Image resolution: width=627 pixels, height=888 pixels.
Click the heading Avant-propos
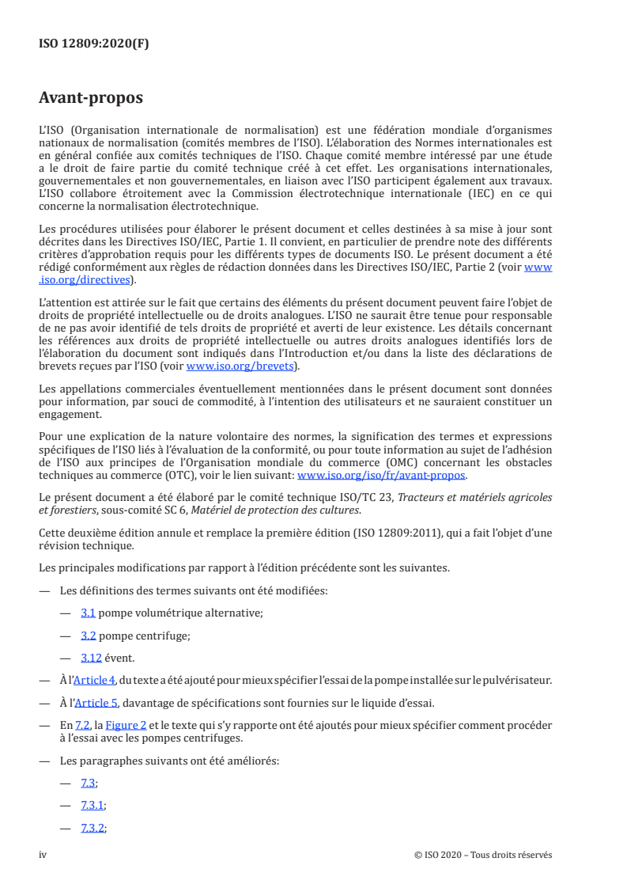[x=91, y=98]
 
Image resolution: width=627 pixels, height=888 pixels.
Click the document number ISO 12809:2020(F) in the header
[x=94, y=44]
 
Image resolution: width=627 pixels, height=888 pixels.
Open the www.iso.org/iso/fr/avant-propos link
[x=381, y=476]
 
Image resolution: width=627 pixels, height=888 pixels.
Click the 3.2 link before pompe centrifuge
[x=89, y=635]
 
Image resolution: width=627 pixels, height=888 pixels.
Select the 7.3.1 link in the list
[x=93, y=805]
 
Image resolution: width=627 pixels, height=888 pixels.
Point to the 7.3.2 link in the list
[x=93, y=828]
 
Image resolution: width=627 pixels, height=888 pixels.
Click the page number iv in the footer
[x=43, y=855]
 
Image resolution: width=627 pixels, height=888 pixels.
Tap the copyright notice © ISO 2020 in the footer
[x=482, y=855]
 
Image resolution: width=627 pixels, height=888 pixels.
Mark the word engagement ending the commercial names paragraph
[x=70, y=413]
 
